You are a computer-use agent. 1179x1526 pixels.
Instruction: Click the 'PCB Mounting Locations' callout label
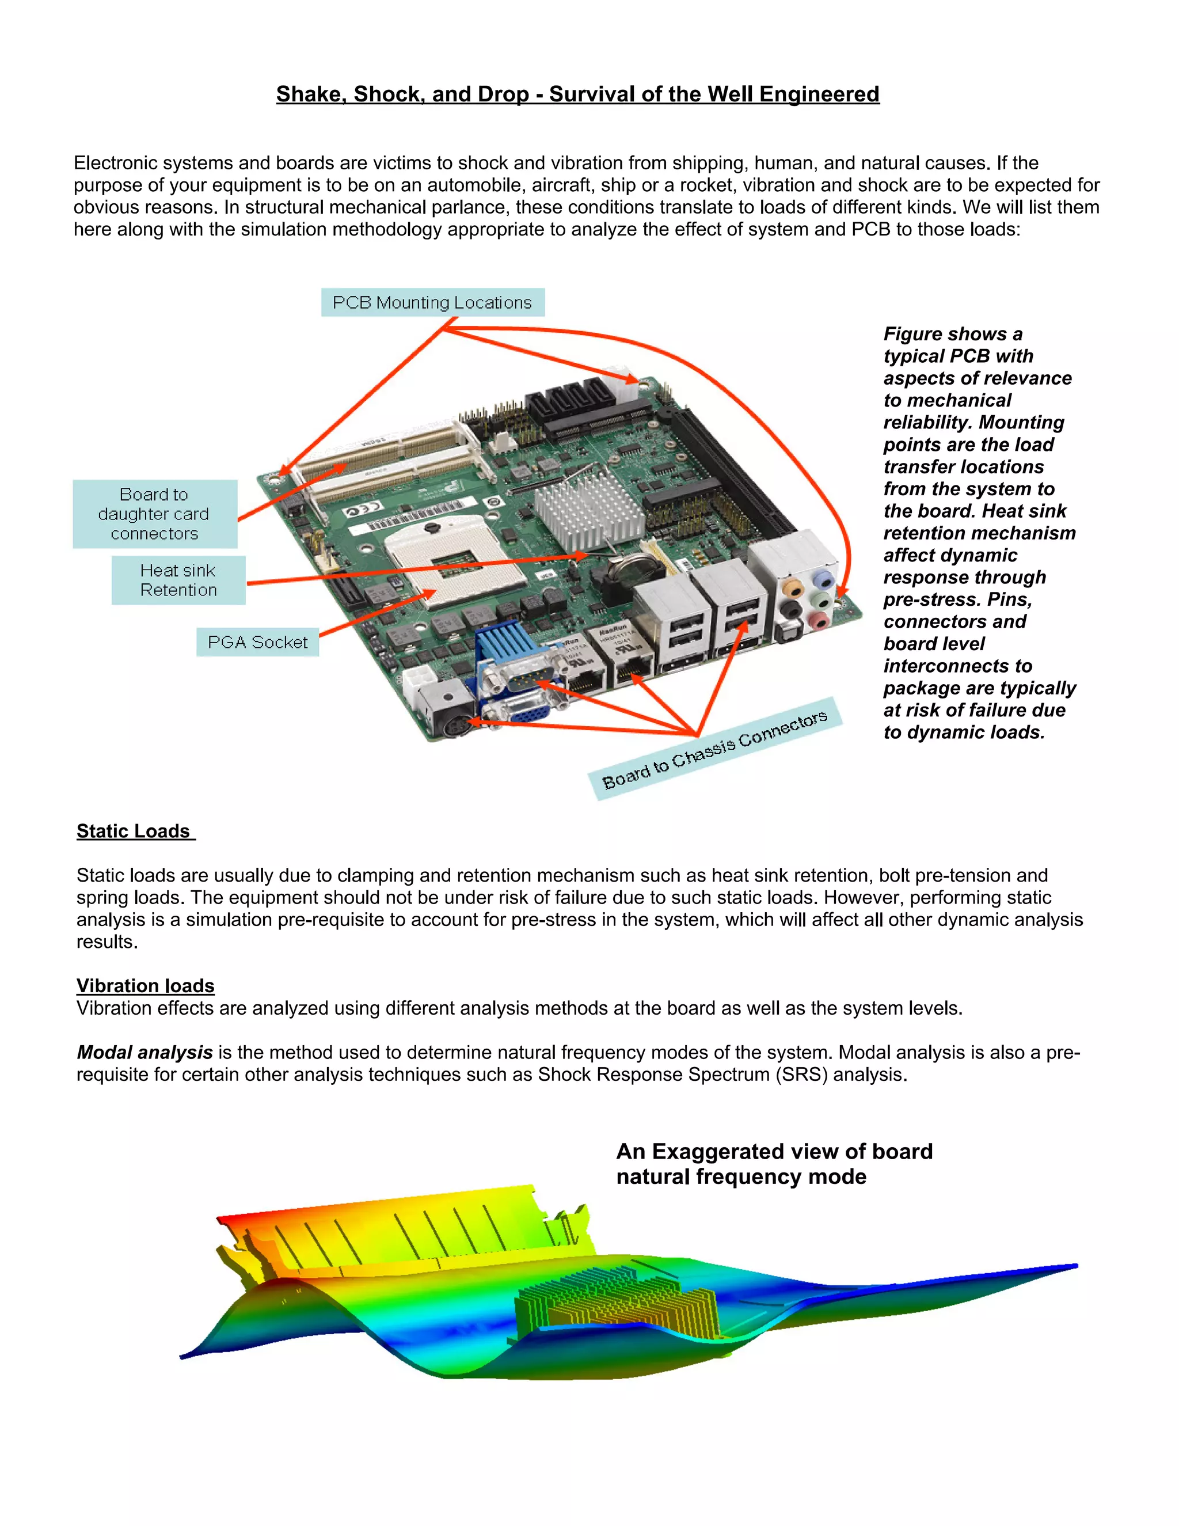432,302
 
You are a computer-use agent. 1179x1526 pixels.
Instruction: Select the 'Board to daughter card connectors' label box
154,514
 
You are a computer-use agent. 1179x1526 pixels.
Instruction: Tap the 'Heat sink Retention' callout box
178,580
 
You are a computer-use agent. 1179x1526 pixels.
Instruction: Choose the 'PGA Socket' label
258,642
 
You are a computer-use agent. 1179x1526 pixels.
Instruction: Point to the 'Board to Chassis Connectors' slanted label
714,749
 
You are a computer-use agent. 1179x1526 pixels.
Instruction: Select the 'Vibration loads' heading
145,985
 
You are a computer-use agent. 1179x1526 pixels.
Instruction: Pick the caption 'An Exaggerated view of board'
774,1151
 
